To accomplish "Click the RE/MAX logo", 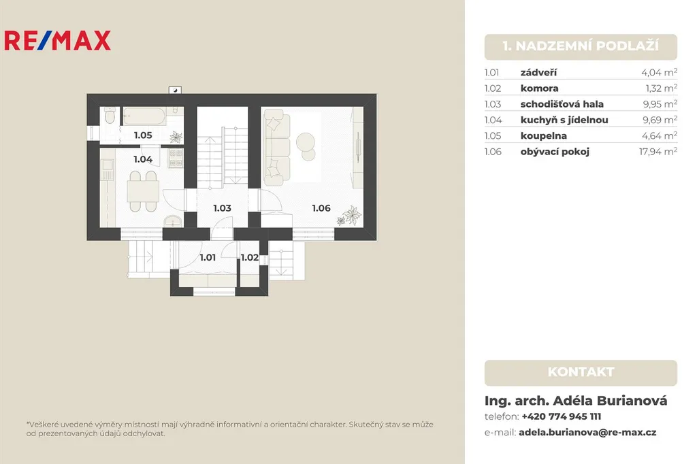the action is [57, 40].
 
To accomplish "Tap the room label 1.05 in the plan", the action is [143, 135].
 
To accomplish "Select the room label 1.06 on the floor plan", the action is [321, 208].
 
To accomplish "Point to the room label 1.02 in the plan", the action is [250, 257].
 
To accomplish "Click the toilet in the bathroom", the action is [110, 116].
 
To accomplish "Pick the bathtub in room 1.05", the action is [144, 116].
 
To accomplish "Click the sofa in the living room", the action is [276, 148].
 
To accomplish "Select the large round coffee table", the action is [306, 142].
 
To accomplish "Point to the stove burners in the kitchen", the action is [176, 158].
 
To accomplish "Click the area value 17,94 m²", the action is [658, 152].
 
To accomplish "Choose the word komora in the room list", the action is [540, 88].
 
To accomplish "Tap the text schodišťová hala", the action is [562, 104].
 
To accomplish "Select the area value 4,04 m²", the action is [660, 72].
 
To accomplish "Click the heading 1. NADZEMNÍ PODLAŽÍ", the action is [581, 46].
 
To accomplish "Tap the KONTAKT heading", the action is [581, 372].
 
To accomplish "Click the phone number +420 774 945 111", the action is [562, 416].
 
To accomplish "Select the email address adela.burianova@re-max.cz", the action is [587, 433].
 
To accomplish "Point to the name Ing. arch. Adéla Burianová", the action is [576, 401].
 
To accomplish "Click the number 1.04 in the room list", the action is [493, 120].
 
